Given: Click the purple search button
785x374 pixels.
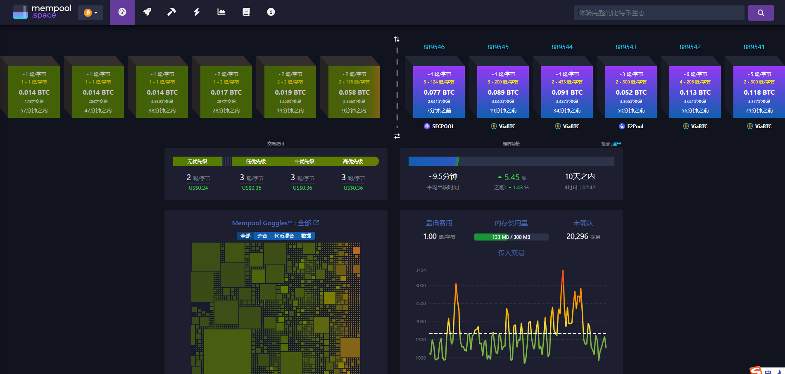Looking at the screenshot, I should click(x=761, y=13).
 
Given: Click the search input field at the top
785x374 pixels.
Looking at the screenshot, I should click(x=659, y=13).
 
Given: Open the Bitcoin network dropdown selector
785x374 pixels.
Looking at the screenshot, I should click(x=90, y=13).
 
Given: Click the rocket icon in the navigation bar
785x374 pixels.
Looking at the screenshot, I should click(x=147, y=12).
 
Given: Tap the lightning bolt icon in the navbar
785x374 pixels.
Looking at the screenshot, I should click(x=197, y=12).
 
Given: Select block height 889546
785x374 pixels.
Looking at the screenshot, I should click(x=434, y=47).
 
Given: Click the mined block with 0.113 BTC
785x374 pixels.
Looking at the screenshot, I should click(x=695, y=92).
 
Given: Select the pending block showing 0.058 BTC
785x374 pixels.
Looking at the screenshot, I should click(x=354, y=92).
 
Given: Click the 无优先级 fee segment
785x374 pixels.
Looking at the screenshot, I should click(x=197, y=161).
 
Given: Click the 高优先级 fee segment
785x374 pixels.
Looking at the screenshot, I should click(x=353, y=161).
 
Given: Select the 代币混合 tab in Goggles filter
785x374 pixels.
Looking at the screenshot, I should click(x=284, y=236).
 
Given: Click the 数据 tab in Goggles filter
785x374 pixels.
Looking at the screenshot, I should click(x=306, y=236).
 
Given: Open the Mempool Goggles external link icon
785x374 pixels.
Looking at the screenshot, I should click(x=316, y=223).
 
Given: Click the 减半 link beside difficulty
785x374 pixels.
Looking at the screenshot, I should click(x=617, y=144).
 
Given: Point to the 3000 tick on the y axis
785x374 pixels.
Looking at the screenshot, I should click(x=421, y=286).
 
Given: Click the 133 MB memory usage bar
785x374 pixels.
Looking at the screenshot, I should click(x=511, y=237).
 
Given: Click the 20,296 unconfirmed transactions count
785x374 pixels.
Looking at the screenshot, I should click(x=577, y=236).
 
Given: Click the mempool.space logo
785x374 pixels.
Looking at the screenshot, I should click(x=42, y=12).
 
